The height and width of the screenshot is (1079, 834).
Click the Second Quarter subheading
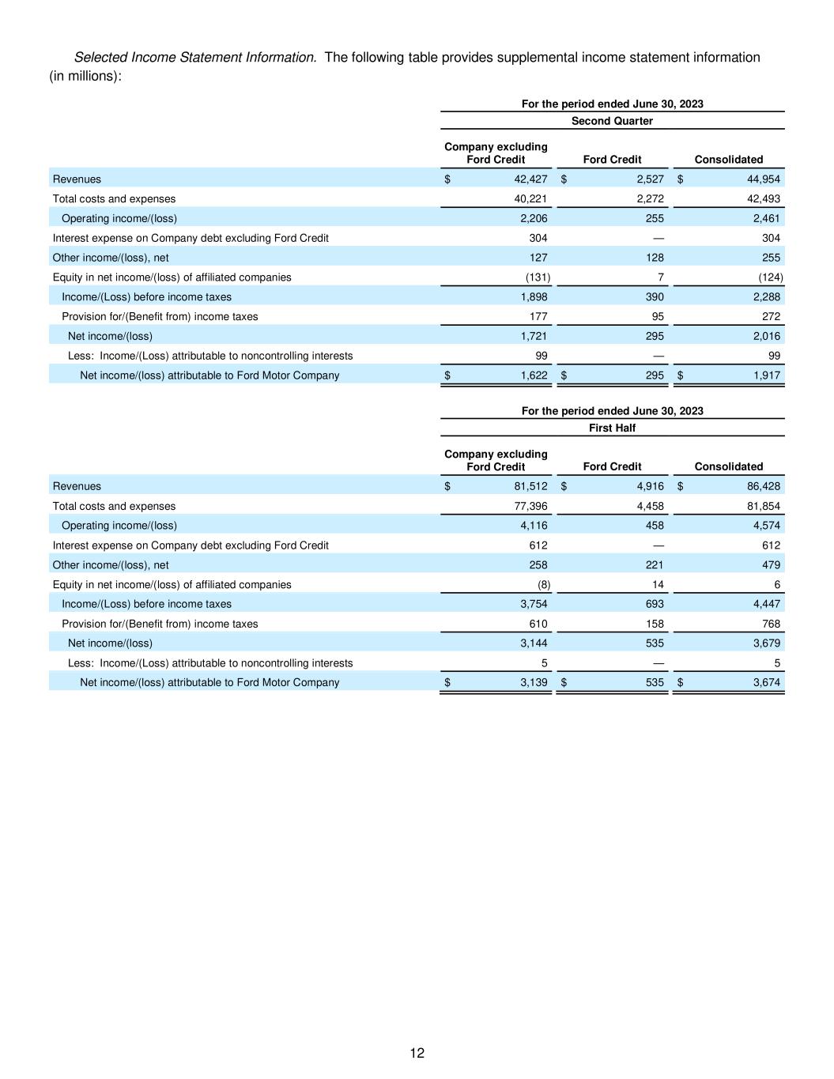pyautogui.click(x=612, y=121)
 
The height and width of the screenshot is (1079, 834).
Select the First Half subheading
pyautogui.click(x=612, y=428)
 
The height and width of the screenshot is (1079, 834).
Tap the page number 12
pyautogui.click(x=417, y=1053)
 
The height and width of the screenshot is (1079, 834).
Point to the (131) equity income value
pyautogui.click(x=538, y=277)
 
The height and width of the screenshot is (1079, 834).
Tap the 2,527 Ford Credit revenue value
pyautogui.click(x=650, y=179)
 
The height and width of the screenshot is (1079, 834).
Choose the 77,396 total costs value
pyautogui.click(x=530, y=506)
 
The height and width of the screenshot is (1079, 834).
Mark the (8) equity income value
pyautogui.click(x=543, y=584)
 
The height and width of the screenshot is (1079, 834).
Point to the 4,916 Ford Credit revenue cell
pyautogui.click(x=650, y=486)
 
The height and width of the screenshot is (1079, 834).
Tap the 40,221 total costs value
pyautogui.click(x=530, y=199)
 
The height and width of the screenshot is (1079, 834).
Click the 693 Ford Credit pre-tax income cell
pyautogui.click(x=654, y=604)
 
